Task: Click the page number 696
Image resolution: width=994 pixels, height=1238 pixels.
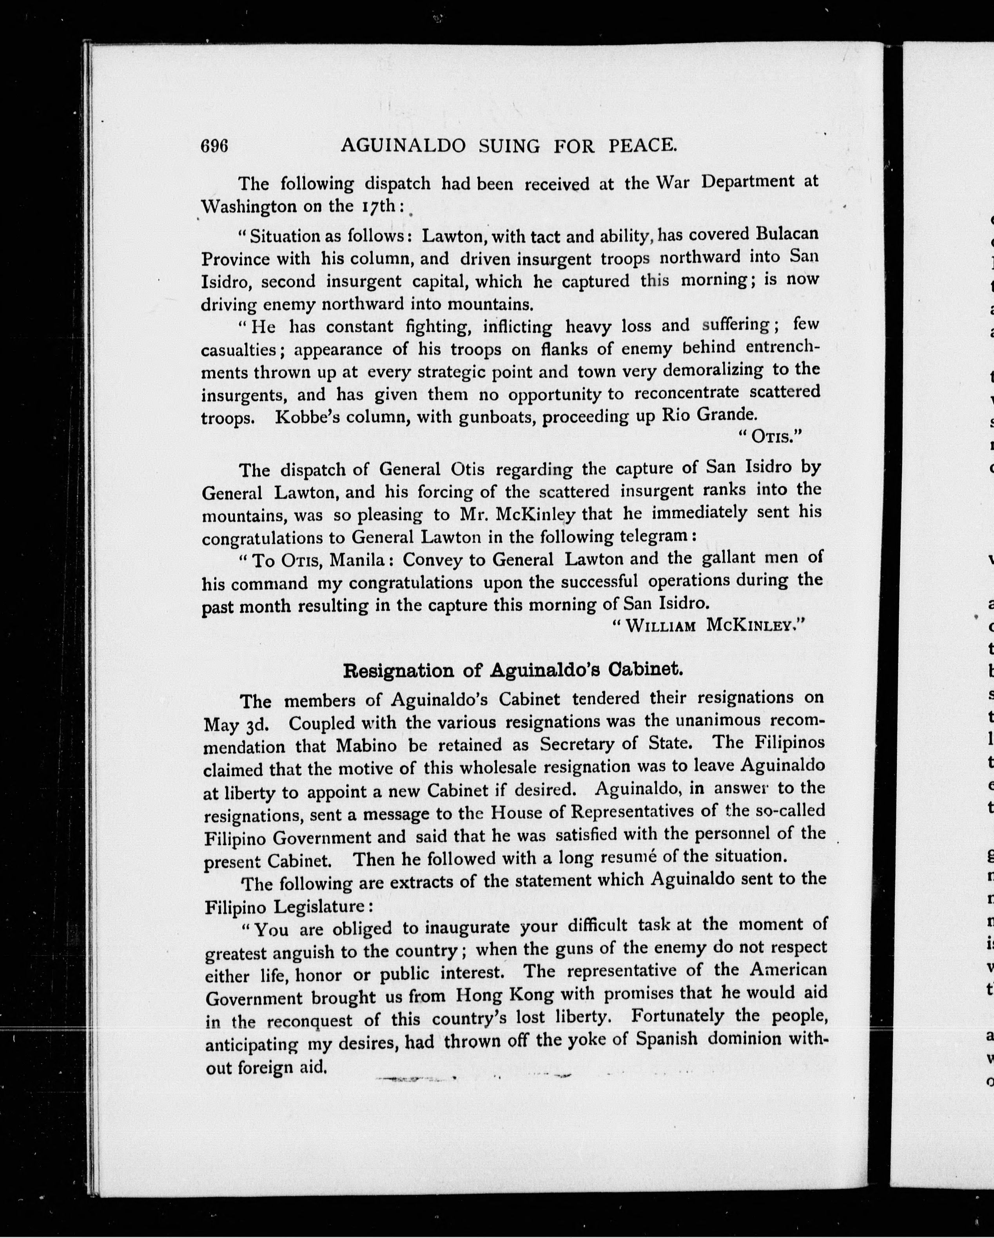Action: tap(214, 147)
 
